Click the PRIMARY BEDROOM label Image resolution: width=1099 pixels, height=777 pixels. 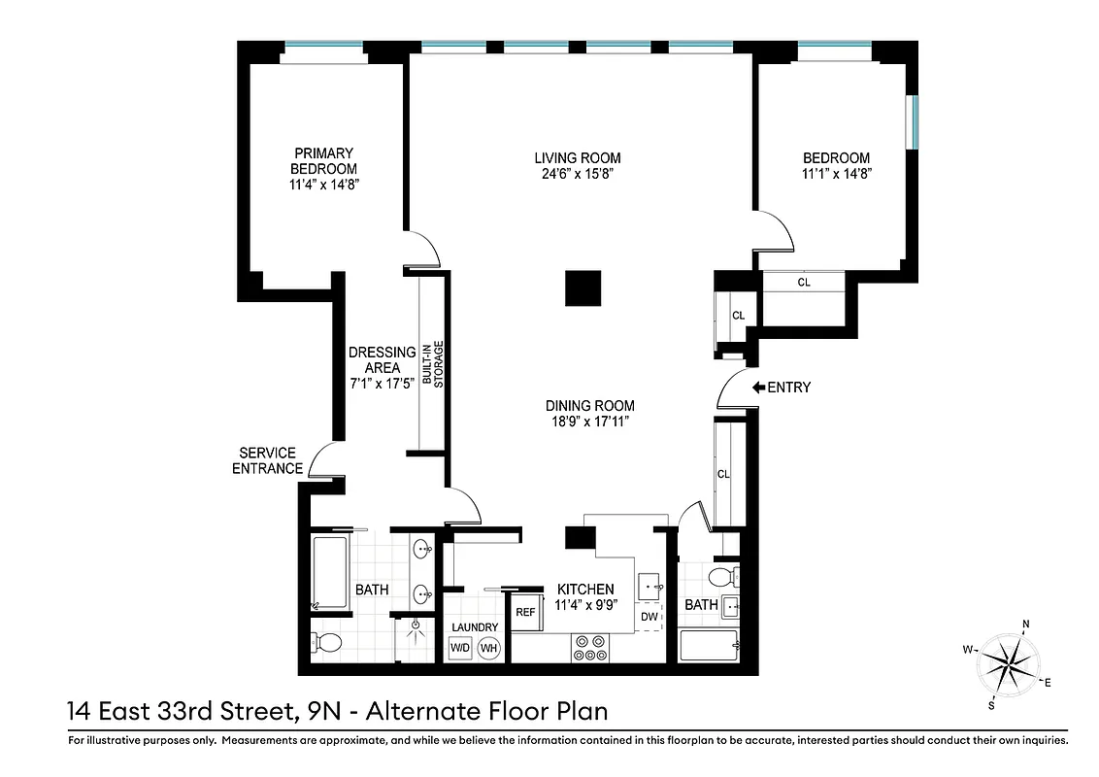tap(323, 160)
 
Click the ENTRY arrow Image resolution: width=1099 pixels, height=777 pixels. tap(759, 388)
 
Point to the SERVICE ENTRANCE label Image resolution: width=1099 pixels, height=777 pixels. tap(271, 460)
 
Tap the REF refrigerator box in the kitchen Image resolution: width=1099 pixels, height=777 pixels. tap(525, 612)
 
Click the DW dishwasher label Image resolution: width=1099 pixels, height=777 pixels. tap(649, 618)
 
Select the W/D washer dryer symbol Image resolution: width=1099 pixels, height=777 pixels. tap(460, 648)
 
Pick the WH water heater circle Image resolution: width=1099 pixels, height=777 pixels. tap(489, 648)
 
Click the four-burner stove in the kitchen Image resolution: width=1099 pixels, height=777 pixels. tap(588, 648)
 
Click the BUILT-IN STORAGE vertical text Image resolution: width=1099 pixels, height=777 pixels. tap(432, 364)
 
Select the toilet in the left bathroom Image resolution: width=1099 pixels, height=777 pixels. tap(326, 642)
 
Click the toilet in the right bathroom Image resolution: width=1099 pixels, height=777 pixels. tap(724, 578)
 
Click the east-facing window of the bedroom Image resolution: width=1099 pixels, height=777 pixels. tap(911, 122)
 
